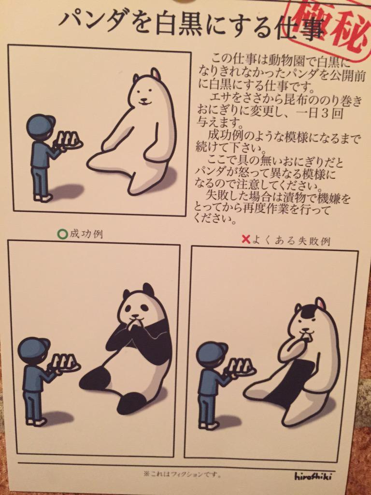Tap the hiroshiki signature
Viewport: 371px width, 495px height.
(x=313, y=476)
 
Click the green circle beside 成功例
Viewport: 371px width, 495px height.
(x=63, y=234)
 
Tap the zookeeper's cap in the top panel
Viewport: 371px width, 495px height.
(x=41, y=124)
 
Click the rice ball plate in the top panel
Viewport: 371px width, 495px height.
(x=70, y=142)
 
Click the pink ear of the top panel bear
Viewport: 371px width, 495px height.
(x=155, y=74)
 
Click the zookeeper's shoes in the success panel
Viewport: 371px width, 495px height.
(x=35, y=421)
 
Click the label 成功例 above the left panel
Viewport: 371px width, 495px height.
(x=86, y=234)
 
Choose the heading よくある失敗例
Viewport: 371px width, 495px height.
(x=291, y=241)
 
